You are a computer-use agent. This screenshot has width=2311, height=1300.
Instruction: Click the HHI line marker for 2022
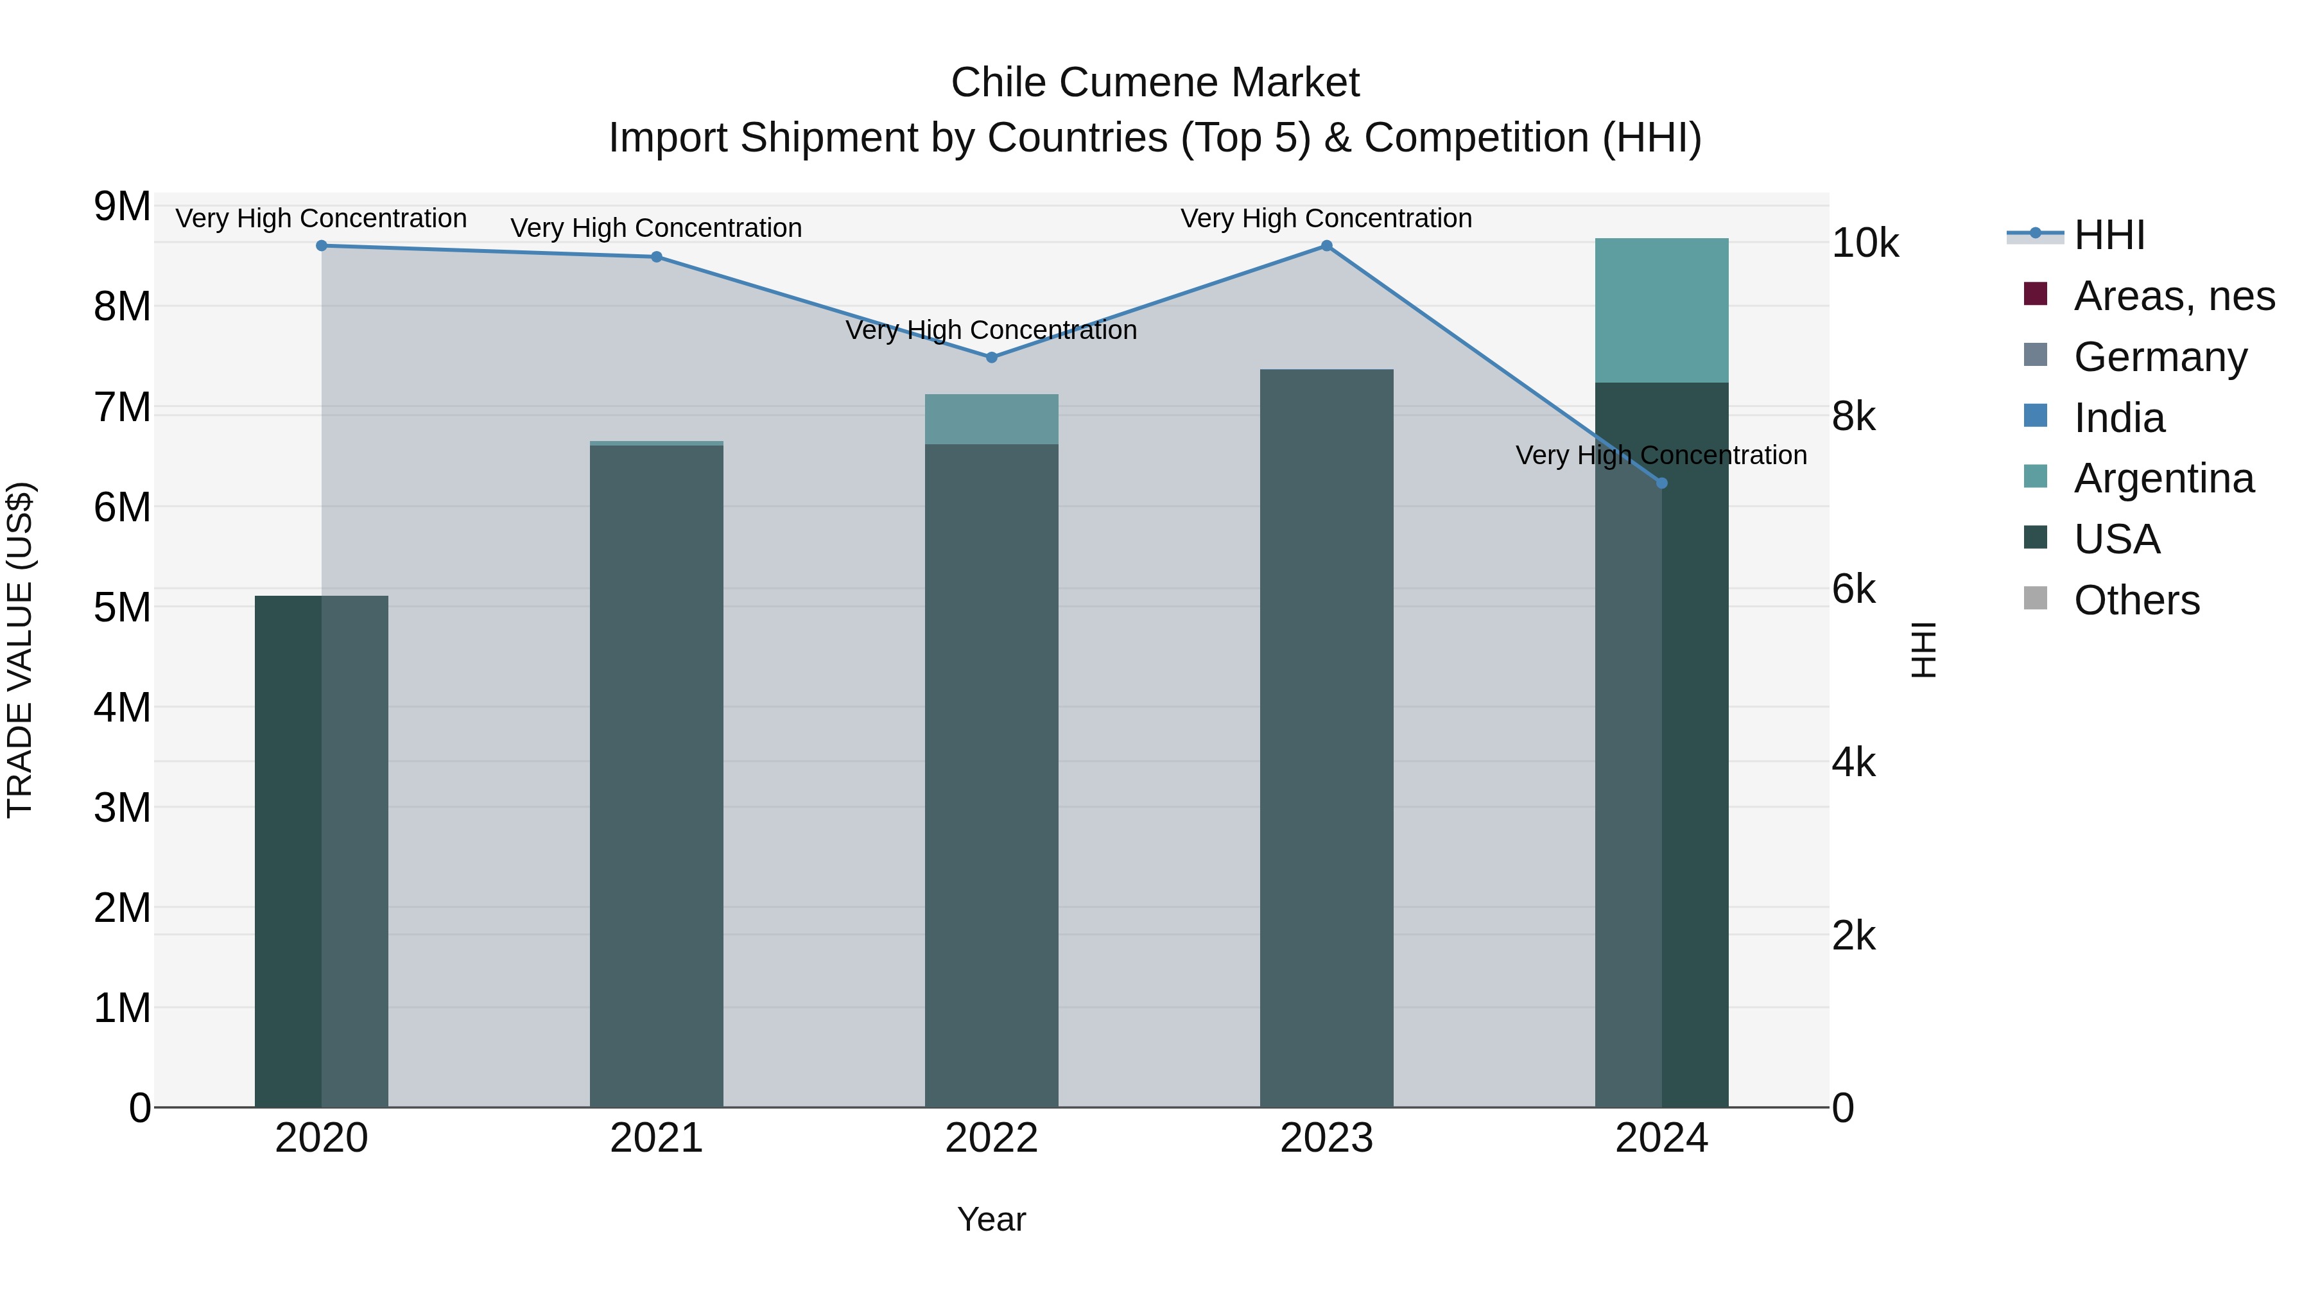coord(991,357)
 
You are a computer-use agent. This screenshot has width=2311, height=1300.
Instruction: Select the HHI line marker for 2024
coord(1661,483)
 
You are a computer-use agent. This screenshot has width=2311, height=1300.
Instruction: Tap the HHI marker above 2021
coord(657,257)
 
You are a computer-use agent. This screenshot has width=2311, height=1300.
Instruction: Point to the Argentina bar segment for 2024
coord(1661,311)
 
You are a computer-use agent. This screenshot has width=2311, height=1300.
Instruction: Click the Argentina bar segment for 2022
coord(991,419)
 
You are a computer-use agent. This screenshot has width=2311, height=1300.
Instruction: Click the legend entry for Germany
coord(2160,357)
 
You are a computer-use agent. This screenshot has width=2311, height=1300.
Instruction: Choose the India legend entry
coord(2119,418)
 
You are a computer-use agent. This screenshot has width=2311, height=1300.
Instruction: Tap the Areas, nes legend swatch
coord(2036,294)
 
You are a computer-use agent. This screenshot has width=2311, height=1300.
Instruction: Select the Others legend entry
coord(2136,600)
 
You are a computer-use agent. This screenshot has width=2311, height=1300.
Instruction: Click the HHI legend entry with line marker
coord(2108,235)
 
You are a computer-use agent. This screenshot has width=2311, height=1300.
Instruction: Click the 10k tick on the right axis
coord(1865,243)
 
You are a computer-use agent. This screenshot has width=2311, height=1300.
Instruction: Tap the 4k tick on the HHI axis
coord(1853,763)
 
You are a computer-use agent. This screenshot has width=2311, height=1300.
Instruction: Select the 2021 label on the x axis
coord(657,1138)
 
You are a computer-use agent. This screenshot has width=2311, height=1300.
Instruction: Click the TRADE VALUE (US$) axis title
coord(21,650)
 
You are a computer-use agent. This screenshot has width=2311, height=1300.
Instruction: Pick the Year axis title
coord(991,1219)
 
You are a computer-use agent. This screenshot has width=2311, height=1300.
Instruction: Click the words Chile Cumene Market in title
coord(1155,83)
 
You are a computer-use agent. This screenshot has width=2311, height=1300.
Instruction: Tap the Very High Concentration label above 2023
coord(1326,218)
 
